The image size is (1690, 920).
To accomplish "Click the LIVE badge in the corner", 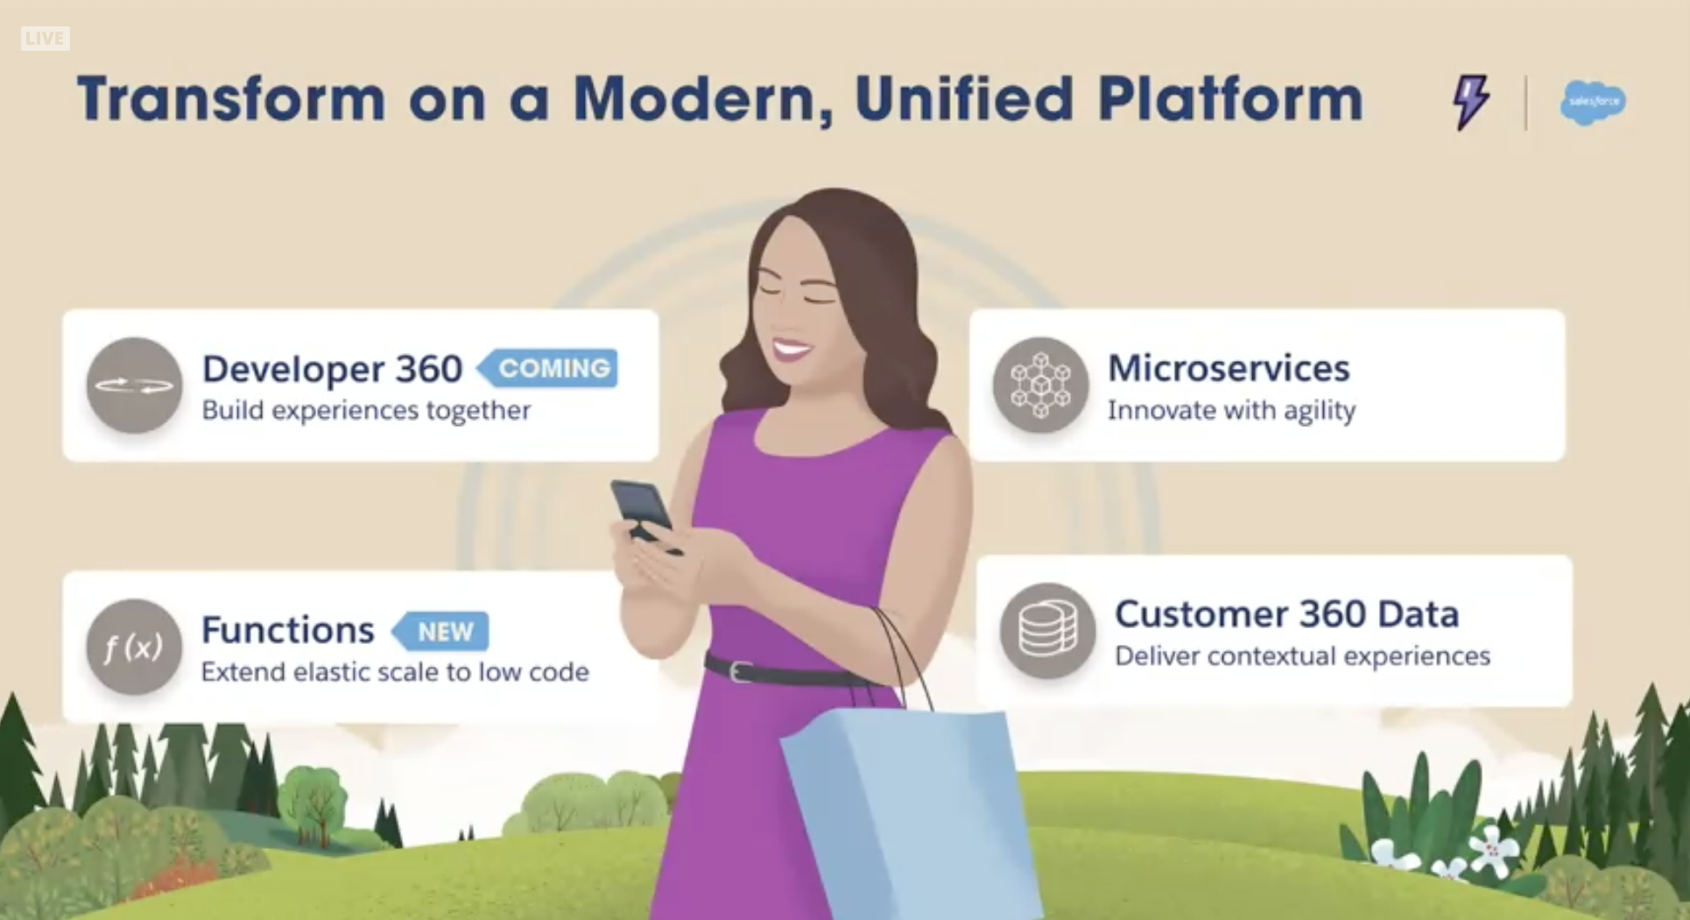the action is [45, 39].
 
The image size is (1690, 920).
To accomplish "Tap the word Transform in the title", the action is [231, 98].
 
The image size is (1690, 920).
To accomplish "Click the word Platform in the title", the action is [1230, 98].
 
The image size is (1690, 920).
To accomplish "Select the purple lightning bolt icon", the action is [1471, 102].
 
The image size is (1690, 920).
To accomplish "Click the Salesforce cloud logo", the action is [1593, 103].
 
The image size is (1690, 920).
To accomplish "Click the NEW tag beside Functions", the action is [440, 631].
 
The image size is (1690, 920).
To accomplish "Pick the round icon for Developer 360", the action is [134, 386].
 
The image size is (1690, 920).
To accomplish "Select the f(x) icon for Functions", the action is [134, 648].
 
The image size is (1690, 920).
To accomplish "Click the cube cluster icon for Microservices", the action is [1040, 386].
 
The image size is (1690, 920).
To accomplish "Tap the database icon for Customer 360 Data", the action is [1047, 631].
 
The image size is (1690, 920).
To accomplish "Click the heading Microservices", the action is [1229, 368].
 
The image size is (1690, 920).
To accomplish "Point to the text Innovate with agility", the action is [1231, 410].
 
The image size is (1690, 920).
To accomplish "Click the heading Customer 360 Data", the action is [1286, 614].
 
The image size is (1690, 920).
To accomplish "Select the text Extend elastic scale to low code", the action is [395, 672].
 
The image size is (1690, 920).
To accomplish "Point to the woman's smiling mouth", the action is [791, 350].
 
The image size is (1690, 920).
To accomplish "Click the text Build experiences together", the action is [366, 410].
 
